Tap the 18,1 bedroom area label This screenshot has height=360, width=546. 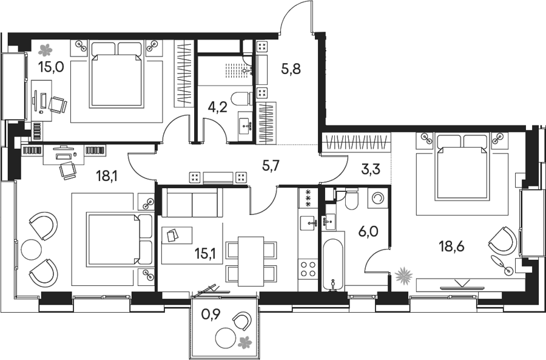point(107,176)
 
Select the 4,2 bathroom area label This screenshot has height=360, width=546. point(217,107)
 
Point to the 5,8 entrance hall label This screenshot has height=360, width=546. point(291,69)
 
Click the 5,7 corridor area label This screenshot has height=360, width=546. point(271,167)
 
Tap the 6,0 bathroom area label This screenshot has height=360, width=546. point(368,231)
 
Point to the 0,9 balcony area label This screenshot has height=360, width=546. point(211,315)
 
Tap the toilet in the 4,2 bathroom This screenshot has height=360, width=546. point(242,98)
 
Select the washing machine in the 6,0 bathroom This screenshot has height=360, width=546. point(378,199)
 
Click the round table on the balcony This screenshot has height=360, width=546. point(226,337)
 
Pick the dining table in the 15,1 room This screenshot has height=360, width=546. point(251,262)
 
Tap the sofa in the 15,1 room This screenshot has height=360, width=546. point(192,203)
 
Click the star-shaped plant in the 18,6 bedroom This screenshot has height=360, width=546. point(404,275)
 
